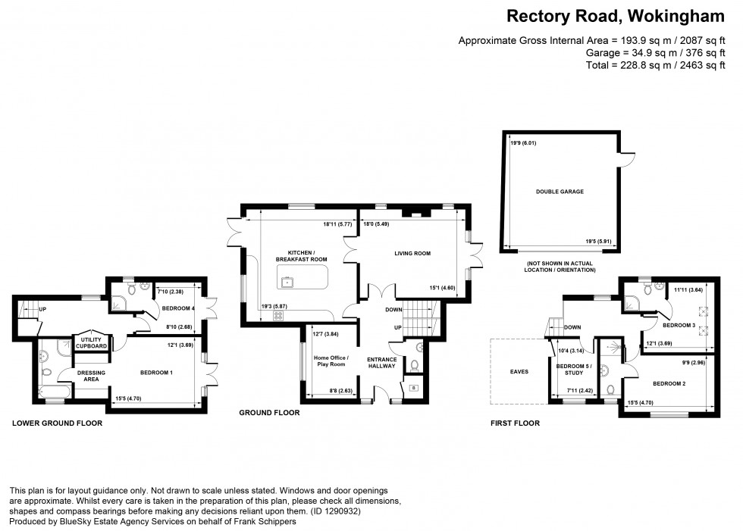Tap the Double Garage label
click(560, 192)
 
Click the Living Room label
click(412, 253)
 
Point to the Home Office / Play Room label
click(330, 361)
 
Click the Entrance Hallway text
click(382, 363)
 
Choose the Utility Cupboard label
click(91, 344)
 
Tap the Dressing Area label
click(91, 376)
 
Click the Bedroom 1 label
click(156, 373)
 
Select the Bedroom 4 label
click(178, 308)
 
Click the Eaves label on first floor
click(519, 372)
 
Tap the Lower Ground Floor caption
click(57, 423)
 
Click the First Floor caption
click(516, 423)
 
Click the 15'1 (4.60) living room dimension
click(448, 287)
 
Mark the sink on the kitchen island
click(288, 283)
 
